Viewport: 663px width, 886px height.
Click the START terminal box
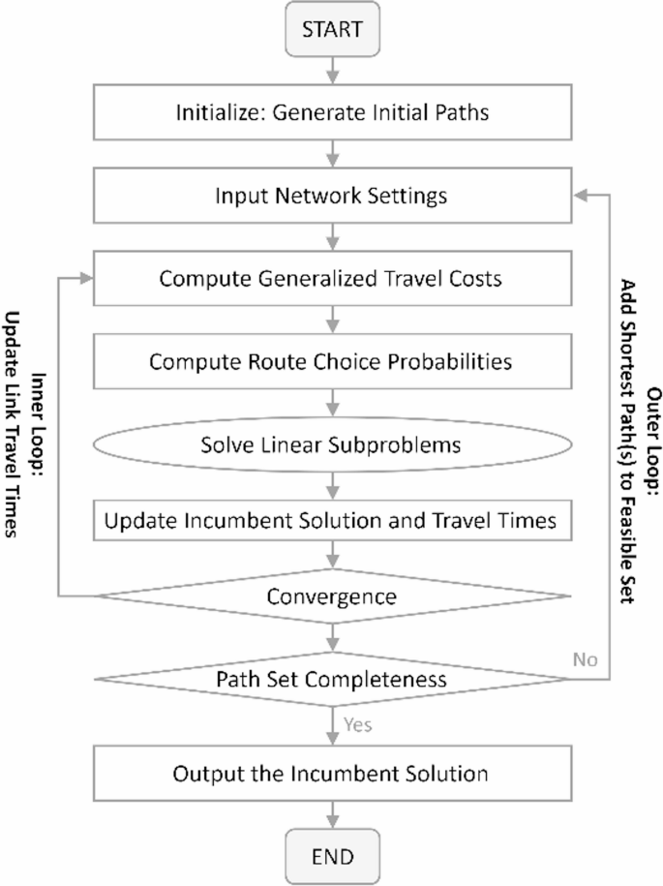pyautogui.click(x=332, y=29)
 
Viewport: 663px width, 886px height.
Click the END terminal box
pyautogui.click(x=332, y=856)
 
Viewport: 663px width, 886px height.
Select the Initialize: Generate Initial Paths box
pyautogui.click(x=332, y=112)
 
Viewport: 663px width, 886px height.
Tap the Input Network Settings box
pyautogui.click(x=332, y=196)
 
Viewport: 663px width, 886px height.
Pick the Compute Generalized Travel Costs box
pyautogui.click(x=332, y=279)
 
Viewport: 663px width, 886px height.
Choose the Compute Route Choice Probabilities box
pyautogui.click(x=332, y=361)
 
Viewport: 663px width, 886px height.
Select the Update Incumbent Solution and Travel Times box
pyautogui.click(x=332, y=521)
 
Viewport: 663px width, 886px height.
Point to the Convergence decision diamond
pyautogui.click(x=332, y=596)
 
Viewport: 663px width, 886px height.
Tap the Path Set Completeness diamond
pyautogui.click(x=332, y=679)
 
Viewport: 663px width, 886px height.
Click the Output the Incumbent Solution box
pyautogui.click(x=332, y=774)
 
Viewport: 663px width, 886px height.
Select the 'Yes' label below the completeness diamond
pyautogui.click(x=358, y=723)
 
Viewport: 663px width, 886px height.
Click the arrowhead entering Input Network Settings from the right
pyautogui.click(x=580, y=196)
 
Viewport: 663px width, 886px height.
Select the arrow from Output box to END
pyautogui.click(x=332, y=815)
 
